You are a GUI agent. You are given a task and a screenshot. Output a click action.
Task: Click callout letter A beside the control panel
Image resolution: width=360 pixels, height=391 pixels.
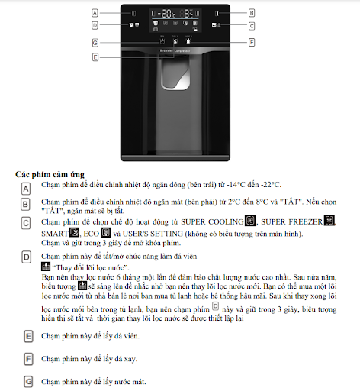click(x=95, y=13)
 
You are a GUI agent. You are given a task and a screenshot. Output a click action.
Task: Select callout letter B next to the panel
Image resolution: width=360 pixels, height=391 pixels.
click(x=252, y=13)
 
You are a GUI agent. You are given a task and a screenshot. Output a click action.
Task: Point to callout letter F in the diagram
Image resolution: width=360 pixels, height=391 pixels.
click(x=252, y=42)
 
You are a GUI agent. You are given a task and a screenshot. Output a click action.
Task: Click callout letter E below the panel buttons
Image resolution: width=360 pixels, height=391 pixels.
click(x=95, y=57)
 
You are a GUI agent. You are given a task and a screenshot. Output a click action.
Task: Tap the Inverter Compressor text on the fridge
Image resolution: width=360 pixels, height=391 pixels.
click(x=175, y=50)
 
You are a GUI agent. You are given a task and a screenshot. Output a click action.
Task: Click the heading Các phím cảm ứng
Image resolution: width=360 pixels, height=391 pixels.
click(x=50, y=175)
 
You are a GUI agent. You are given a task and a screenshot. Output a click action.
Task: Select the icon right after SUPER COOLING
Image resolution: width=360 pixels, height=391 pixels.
click(x=250, y=221)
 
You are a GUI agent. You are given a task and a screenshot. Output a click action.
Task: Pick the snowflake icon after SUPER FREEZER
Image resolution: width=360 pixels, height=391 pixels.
click(x=329, y=221)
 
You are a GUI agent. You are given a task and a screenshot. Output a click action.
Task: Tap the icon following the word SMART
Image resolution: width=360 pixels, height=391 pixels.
click(x=74, y=232)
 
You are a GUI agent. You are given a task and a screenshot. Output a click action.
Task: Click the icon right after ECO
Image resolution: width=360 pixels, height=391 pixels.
click(x=105, y=232)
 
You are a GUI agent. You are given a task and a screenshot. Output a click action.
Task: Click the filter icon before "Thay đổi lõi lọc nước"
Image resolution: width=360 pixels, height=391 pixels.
click(x=46, y=267)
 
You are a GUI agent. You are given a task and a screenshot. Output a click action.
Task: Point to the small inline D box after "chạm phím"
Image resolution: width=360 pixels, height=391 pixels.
click(x=215, y=306)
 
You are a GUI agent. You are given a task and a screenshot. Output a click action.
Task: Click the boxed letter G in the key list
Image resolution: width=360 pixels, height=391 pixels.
click(x=28, y=382)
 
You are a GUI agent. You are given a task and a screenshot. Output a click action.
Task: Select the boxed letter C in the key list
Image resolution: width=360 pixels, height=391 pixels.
click(x=26, y=223)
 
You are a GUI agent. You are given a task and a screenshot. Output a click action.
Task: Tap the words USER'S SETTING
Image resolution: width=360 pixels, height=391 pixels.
click(x=153, y=234)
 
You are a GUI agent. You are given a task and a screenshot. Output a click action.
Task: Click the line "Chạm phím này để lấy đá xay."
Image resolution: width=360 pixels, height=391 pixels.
click(x=89, y=359)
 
